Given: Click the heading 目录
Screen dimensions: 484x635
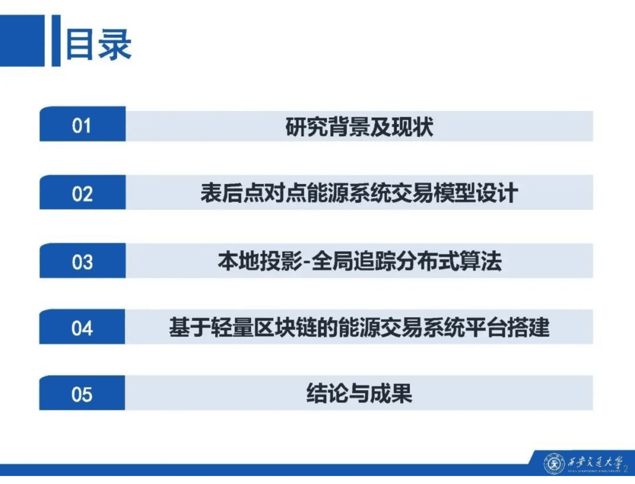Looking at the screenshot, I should coord(98,44).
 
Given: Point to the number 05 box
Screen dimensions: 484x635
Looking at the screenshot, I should coord(82,394).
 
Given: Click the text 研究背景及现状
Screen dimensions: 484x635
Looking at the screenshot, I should coord(359,127).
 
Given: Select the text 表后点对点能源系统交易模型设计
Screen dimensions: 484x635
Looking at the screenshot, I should coord(359,193).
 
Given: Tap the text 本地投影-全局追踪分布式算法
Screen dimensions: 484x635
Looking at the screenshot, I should coord(359,262).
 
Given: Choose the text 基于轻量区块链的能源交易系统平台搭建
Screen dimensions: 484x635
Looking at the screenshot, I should coord(359,328).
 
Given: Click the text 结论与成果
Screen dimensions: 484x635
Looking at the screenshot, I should coord(359,394).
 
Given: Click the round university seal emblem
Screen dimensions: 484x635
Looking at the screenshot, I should coord(554,464).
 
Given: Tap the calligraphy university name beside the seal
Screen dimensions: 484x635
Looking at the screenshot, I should coord(595,463).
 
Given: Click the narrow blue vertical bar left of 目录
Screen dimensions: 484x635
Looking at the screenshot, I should coord(56,41).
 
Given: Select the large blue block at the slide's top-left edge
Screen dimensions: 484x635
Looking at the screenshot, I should coord(22,41).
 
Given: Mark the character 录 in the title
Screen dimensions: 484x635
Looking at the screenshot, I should coord(115,44).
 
